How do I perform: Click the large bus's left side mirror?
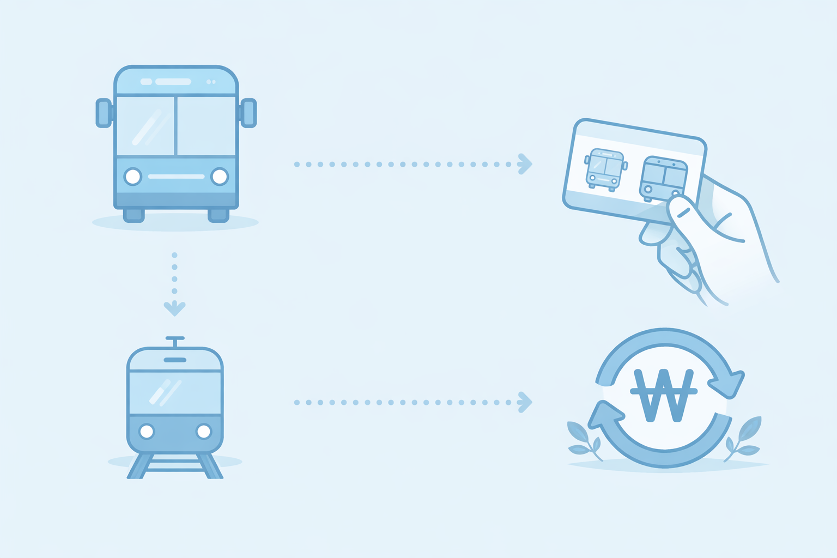click(x=104, y=113)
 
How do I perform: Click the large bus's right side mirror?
click(x=248, y=113)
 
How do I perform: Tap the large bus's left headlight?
click(x=132, y=177)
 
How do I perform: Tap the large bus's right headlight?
click(x=220, y=177)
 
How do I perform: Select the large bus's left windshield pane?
click(x=145, y=126)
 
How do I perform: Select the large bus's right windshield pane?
click(x=207, y=126)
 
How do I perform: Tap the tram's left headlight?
click(x=147, y=432)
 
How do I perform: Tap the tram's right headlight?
click(x=204, y=432)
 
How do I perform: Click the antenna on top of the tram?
click(x=175, y=341)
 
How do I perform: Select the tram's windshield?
click(x=175, y=392)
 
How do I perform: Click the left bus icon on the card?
click(x=604, y=169)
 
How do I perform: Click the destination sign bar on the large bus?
click(x=173, y=82)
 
